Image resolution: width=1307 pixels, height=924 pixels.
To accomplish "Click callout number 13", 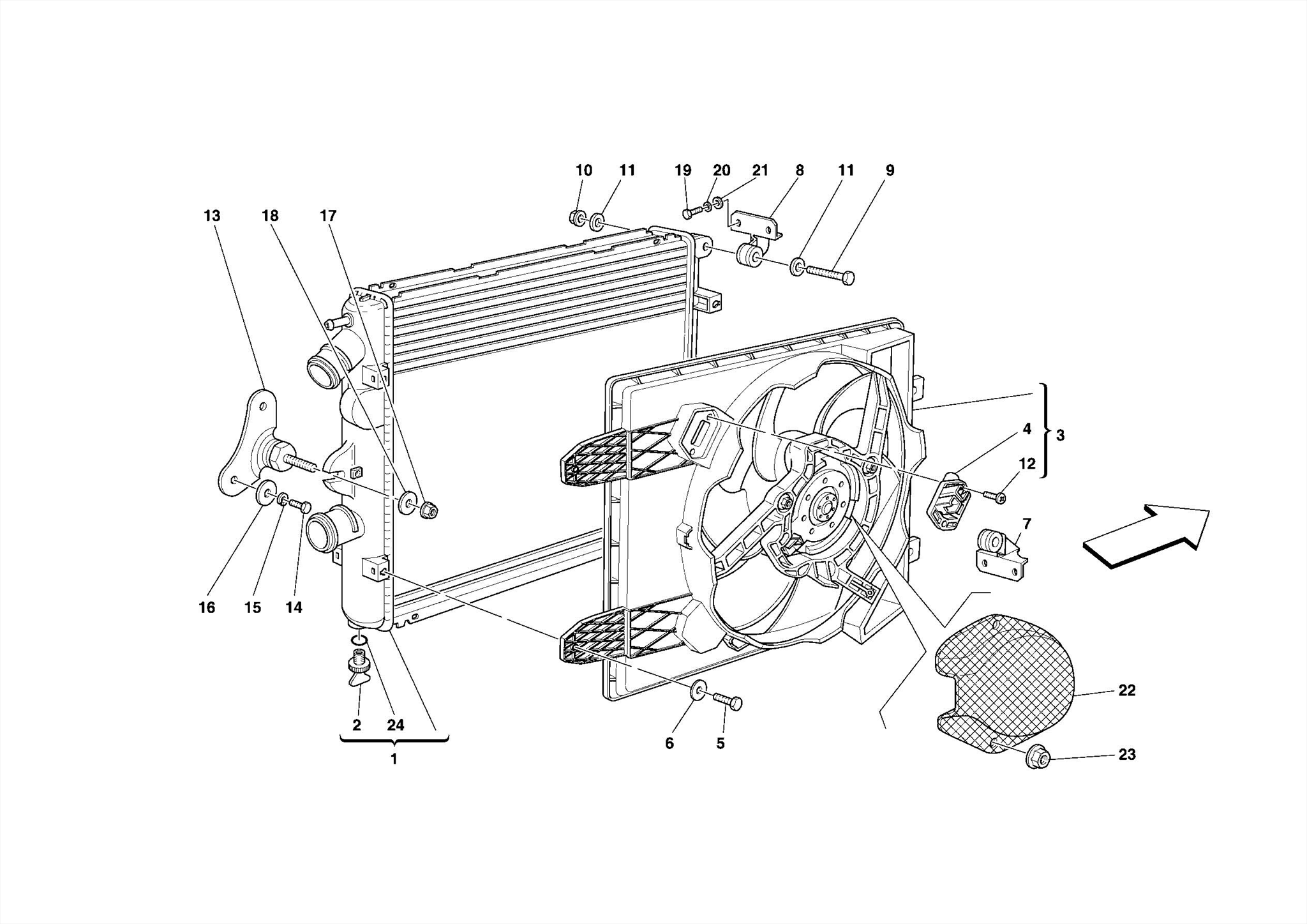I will (212, 216).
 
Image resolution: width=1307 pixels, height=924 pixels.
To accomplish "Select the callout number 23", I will (1127, 754).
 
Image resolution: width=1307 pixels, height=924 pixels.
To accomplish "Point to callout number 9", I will (890, 170).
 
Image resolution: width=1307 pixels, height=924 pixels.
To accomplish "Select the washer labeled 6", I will (699, 690).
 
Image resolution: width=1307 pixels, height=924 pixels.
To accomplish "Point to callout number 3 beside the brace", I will (1060, 435).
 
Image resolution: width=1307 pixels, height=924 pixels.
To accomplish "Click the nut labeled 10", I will (577, 217).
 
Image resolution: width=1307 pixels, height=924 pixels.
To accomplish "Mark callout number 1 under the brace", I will (394, 759).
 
